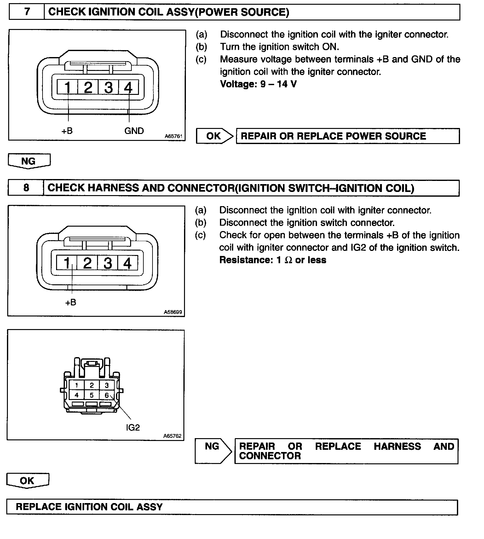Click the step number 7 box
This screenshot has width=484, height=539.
point(27,12)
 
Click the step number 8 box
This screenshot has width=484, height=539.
point(26,188)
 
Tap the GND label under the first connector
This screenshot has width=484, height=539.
point(134,131)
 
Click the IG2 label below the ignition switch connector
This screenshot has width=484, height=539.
point(133,427)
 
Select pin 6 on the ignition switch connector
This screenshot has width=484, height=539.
point(107,395)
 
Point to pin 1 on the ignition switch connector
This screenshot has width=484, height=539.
point(77,385)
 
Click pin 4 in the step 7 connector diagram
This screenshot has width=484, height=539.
point(128,87)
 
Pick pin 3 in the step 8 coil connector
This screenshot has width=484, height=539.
point(107,263)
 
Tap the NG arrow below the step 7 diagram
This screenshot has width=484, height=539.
point(29,161)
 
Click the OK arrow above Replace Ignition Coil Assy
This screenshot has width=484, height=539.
point(27,481)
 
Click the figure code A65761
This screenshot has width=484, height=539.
point(173,136)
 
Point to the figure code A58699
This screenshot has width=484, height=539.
point(173,312)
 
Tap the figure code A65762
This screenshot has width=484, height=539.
point(172,436)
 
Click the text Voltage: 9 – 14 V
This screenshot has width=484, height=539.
point(258,84)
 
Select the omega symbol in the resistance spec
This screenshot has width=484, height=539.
point(288,260)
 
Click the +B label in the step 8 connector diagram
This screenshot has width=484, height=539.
point(71,302)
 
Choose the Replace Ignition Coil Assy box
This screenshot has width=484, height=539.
point(232,507)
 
